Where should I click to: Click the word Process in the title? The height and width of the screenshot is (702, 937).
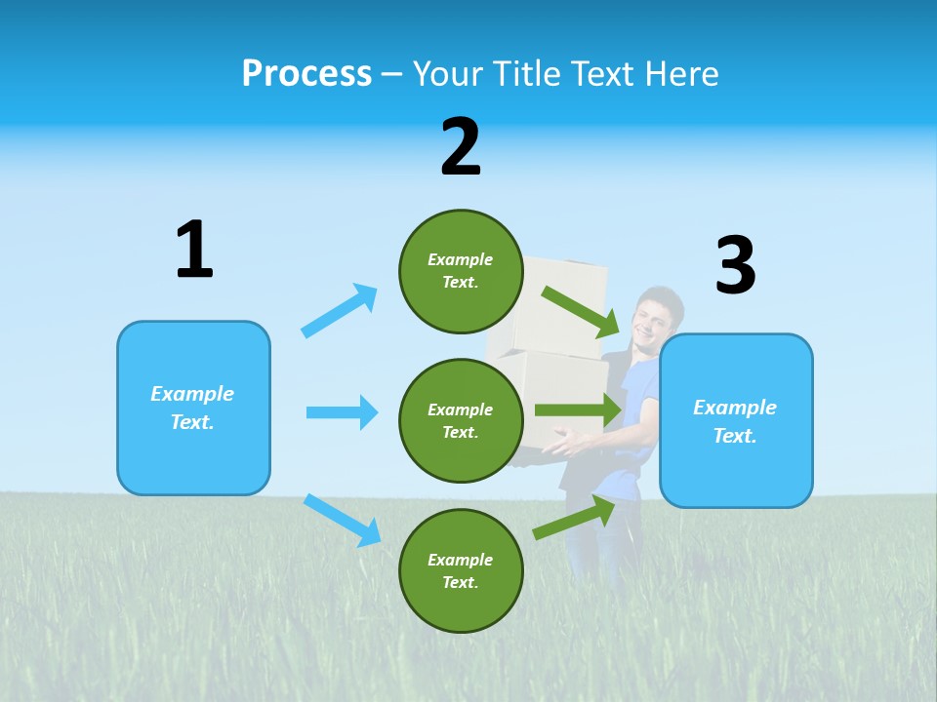[306, 73]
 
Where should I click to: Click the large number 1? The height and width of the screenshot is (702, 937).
[194, 251]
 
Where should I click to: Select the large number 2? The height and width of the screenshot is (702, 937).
[461, 147]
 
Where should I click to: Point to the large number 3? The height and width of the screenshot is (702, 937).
[735, 265]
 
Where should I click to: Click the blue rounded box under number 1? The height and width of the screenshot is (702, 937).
[193, 408]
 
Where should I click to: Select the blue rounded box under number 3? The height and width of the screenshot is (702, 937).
[736, 420]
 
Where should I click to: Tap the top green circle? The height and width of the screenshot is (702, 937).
[461, 271]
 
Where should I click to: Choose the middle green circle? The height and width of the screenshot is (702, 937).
[461, 420]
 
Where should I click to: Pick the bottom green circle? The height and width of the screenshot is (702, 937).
[461, 570]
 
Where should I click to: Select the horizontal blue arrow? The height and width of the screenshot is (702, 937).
[342, 412]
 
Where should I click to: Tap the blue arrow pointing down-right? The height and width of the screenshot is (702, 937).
[343, 520]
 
